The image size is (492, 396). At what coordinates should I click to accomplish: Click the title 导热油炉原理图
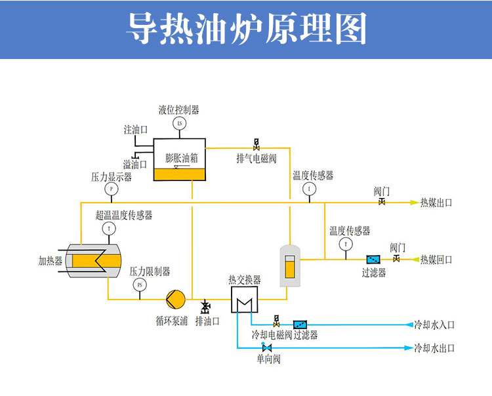click(246, 29)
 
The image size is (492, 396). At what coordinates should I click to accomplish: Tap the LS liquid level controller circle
click(179, 123)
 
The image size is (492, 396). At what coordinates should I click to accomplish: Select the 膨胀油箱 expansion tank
click(179, 160)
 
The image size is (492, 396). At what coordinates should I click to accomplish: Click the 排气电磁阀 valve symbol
click(256, 145)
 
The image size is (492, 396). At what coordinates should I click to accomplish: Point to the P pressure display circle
click(111, 189)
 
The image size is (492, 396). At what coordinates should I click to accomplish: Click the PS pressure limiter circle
click(139, 285)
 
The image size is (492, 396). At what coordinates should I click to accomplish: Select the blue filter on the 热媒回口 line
click(374, 260)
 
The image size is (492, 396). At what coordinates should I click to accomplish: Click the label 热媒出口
click(436, 203)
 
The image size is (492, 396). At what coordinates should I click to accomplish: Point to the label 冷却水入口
click(434, 325)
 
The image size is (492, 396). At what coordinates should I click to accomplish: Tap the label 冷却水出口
click(434, 347)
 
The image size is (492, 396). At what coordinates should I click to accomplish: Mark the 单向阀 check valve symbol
click(267, 347)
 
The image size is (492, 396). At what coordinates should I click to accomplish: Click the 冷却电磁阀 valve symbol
click(276, 322)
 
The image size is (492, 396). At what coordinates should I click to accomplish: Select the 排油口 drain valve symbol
click(205, 307)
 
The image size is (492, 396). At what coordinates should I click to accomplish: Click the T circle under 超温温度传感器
click(108, 228)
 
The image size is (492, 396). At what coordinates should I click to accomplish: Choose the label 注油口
click(135, 130)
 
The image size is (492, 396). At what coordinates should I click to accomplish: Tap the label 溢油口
click(135, 164)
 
